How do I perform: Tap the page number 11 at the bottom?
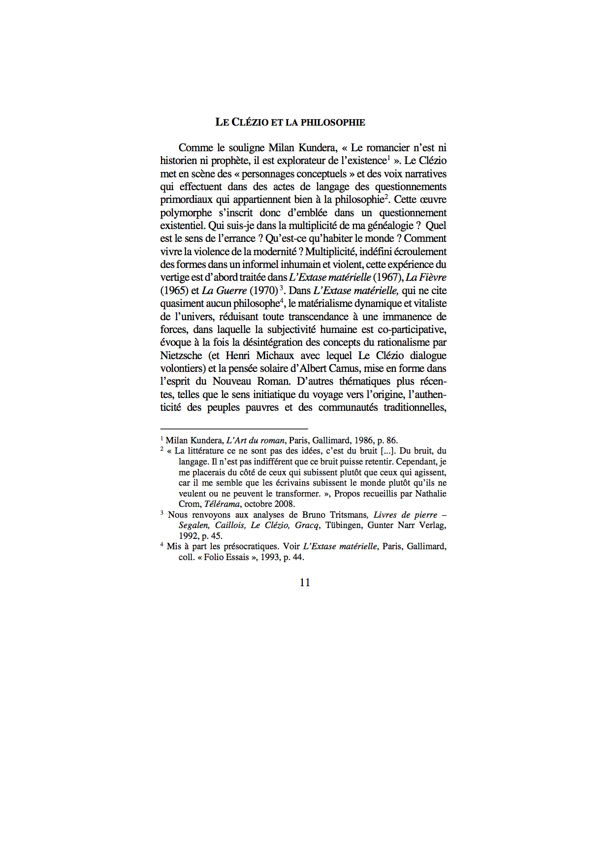[x=305, y=582]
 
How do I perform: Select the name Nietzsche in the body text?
[x=181, y=355]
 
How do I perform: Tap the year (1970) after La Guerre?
[x=264, y=291]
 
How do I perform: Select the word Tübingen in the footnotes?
[x=343, y=525]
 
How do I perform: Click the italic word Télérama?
[x=222, y=504]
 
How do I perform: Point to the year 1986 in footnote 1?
[x=364, y=440]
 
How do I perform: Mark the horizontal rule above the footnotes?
[x=234, y=429]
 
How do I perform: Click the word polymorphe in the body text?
[x=186, y=213]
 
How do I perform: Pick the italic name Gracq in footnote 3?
[x=307, y=525]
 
